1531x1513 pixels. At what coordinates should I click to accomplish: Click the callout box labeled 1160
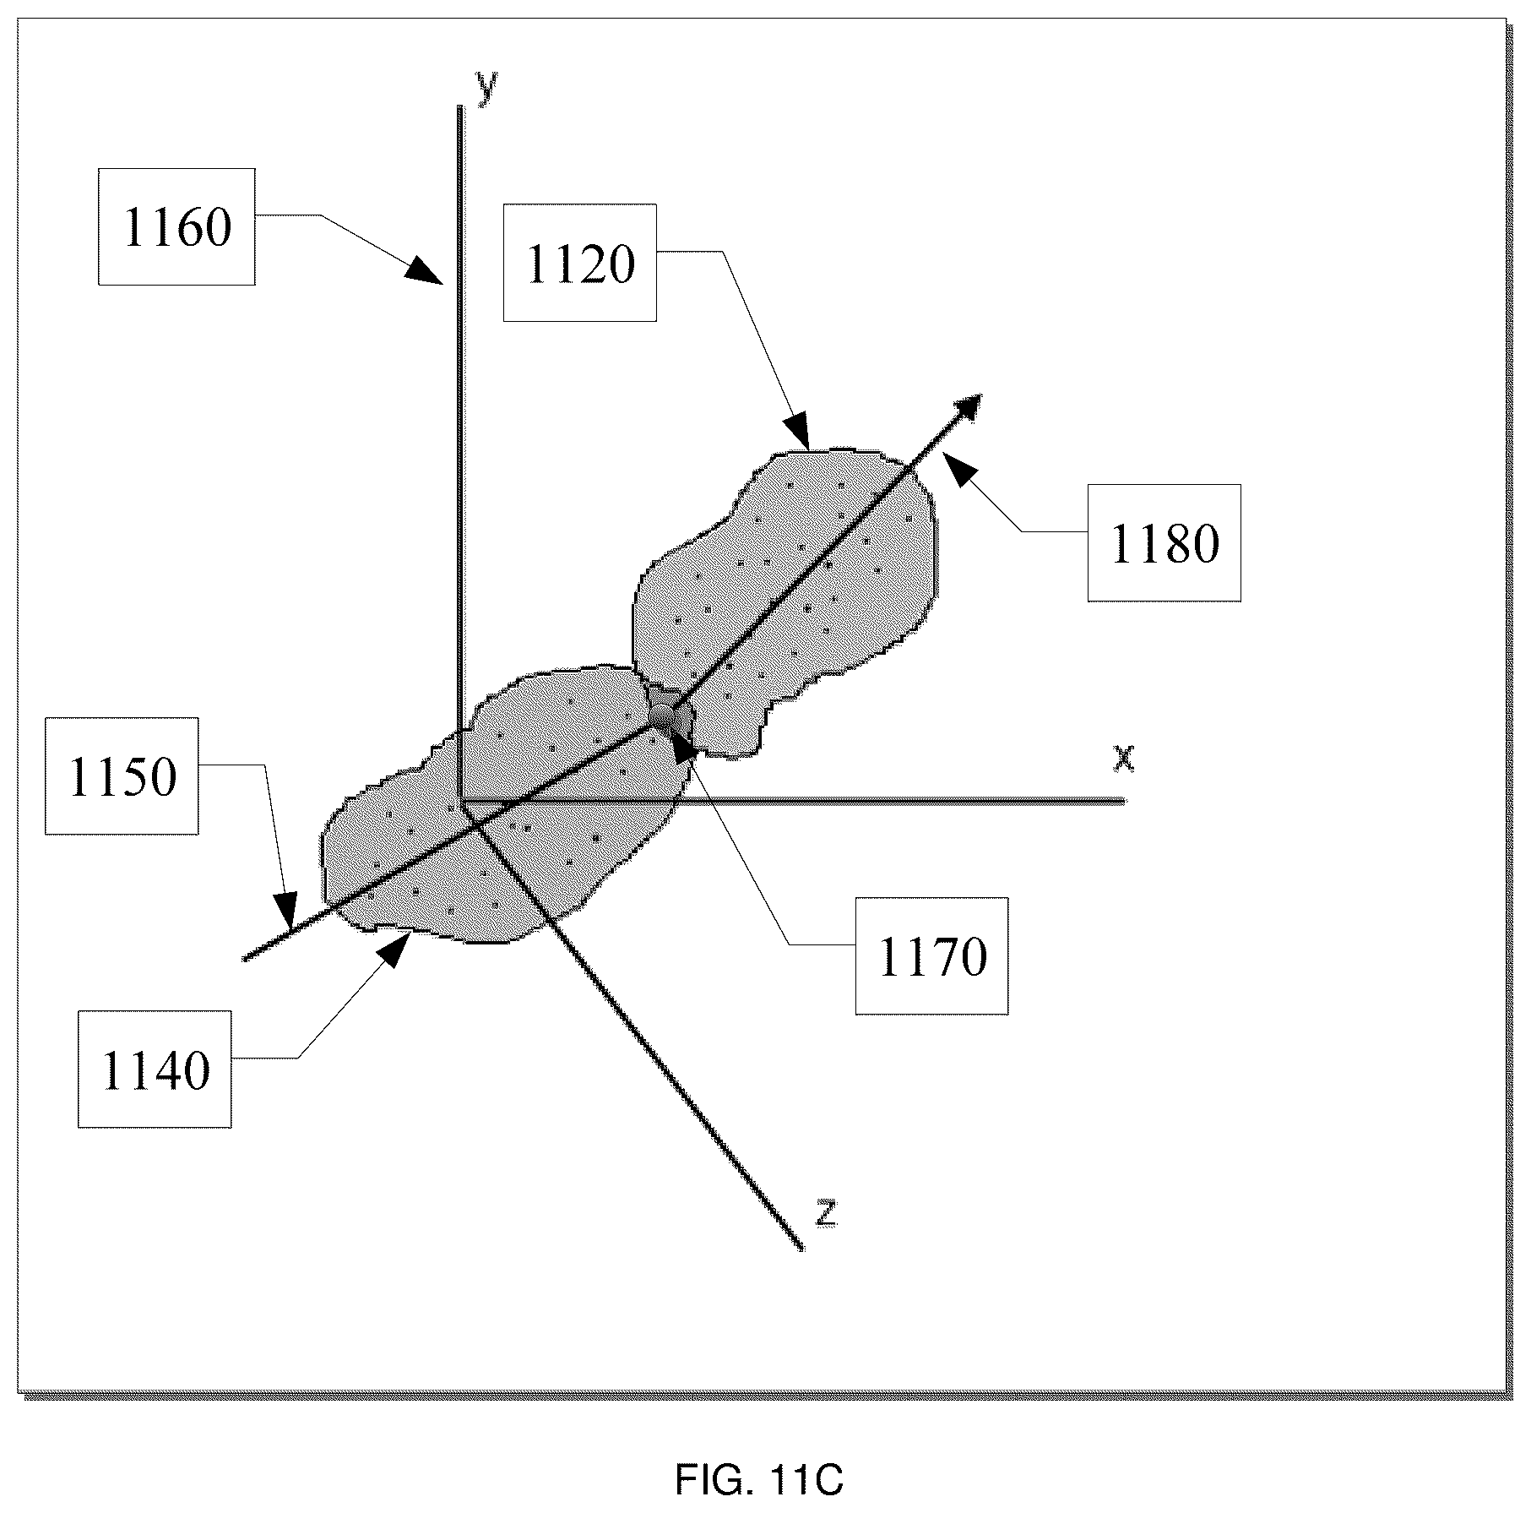pyautogui.click(x=176, y=226)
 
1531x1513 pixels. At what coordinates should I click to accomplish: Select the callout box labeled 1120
pyautogui.click(x=580, y=263)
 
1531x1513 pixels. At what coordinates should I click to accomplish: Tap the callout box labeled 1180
pyautogui.click(x=1164, y=542)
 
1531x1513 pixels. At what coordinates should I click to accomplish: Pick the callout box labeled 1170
pyautogui.click(x=931, y=955)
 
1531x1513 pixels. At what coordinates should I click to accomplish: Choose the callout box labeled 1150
pyautogui.click(x=122, y=776)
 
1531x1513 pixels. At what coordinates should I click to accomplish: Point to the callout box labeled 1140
pyautogui.click(x=155, y=1069)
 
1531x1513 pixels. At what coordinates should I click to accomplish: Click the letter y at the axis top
pyautogui.click(x=486, y=86)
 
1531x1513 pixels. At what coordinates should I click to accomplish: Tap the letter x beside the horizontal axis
pyautogui.click(x=1123, y=758)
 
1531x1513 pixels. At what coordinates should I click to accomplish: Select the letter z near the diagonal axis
pyautogui.click(x=826, y=1213)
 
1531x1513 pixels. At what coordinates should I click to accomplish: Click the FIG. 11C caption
pyautogui.click(x=759, y=1479)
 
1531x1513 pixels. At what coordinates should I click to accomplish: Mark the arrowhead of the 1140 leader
pyautogui.click(x=395, y=950)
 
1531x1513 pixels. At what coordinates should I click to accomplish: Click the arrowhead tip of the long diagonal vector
pyautogui.click(x=981, y=395)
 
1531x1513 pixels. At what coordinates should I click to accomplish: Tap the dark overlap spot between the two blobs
pyautogui.click(x=670, y=715)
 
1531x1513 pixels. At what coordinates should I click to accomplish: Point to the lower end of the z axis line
pyautogui.click(x=801, y=1248)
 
